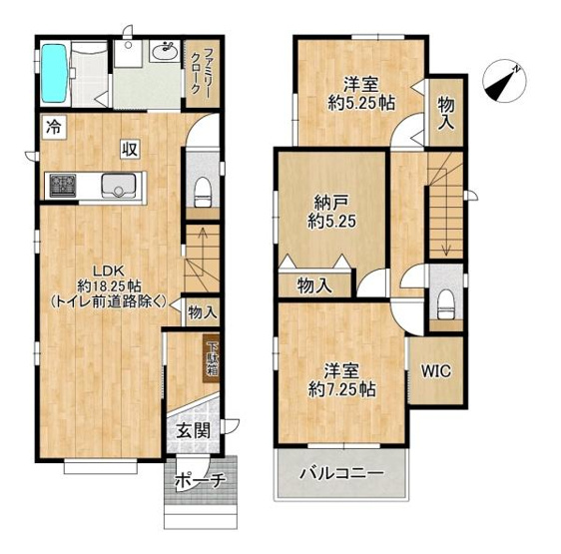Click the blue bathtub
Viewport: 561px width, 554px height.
[55, 73]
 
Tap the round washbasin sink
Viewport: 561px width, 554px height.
[165, 52]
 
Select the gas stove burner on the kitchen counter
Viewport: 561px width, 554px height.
[63, 186]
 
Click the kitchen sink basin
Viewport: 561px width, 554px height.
[118, 186]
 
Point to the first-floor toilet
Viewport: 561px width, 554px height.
[203, 193]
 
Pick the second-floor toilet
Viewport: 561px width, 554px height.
[446, 304]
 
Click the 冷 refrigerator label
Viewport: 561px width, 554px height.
[54, 127]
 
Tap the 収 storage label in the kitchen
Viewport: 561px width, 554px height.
[130, 150]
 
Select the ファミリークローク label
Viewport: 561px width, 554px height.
[201, 72]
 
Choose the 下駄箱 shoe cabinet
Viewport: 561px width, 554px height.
[212, 358]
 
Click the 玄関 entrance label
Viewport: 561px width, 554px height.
[194, 431]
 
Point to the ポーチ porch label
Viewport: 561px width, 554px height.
[201, 481]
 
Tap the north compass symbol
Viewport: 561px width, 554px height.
[504, 81]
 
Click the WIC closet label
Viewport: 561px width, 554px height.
[436, 371]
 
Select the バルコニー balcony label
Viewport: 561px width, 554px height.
[342, 474]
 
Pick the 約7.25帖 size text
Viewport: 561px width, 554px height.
[341, 389]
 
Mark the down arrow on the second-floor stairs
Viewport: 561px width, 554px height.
[446, 221]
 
